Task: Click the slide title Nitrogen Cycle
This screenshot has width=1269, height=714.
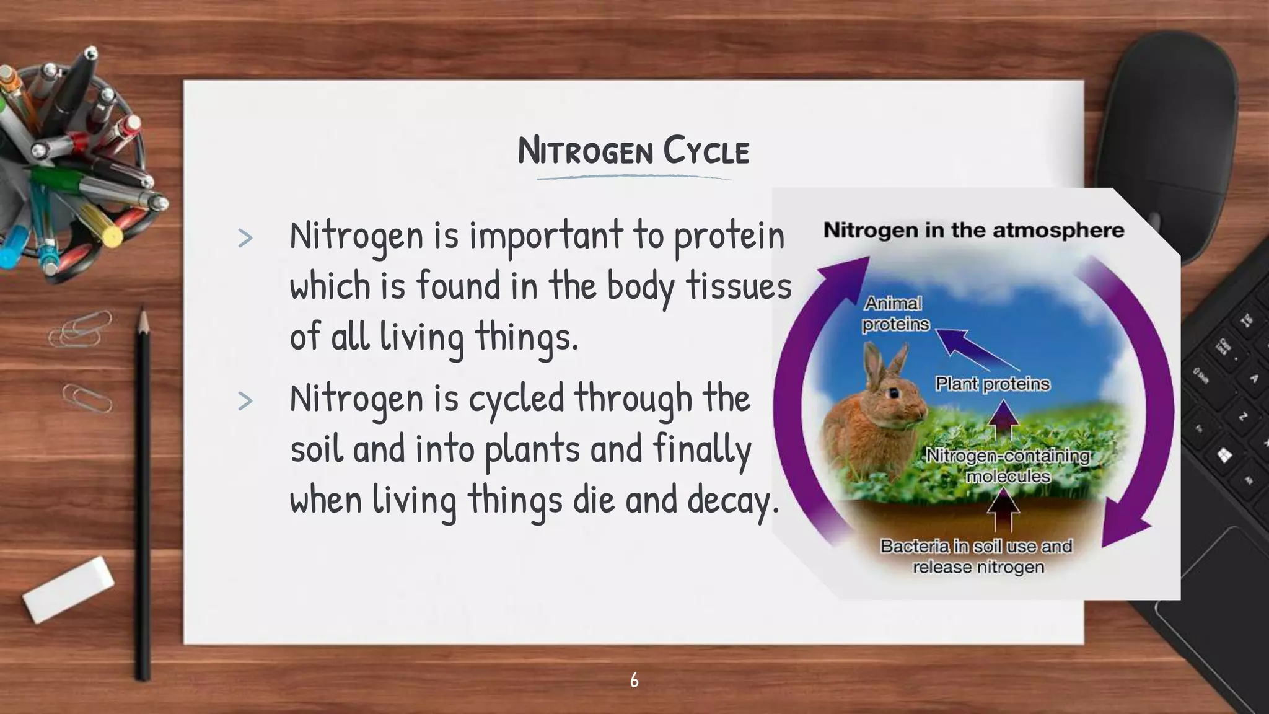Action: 633,151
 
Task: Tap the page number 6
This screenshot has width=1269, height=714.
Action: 634,680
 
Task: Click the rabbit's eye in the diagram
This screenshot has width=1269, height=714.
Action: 894,392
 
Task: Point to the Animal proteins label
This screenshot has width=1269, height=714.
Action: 895,314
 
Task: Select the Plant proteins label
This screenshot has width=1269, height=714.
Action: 993,384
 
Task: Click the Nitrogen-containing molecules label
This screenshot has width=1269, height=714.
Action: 1008,465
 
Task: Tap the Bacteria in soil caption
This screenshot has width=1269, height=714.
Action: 977,556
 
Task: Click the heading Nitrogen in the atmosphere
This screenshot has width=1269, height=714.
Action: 973,231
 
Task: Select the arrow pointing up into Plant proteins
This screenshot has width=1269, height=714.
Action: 1004,420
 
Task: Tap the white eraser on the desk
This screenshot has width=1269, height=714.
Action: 68,589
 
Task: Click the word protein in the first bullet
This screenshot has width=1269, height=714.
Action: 729,237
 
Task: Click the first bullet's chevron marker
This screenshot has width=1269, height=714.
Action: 245,239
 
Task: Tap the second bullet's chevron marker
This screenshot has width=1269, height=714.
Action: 245,401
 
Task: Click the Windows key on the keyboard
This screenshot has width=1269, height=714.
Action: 1224,456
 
